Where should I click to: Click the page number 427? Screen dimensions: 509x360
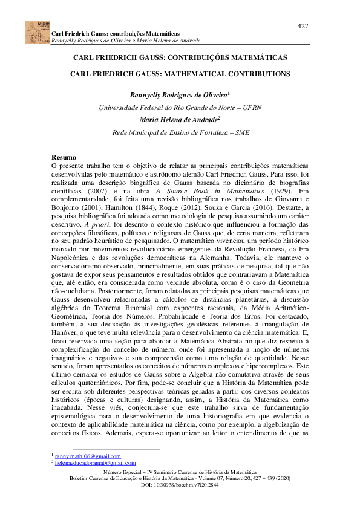point(303,26)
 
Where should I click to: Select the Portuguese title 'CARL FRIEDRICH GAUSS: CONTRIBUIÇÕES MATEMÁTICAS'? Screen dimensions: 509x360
point(179,58)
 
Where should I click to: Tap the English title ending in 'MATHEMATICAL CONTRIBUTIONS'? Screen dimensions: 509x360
point(180,74)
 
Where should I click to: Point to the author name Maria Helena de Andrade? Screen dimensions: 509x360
point(178,120)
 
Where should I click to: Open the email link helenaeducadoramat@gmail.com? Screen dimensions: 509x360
point(95,463)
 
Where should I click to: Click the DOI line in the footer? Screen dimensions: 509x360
point(180,485)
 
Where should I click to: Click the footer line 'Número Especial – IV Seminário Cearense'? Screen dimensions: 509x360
point(180,472)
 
